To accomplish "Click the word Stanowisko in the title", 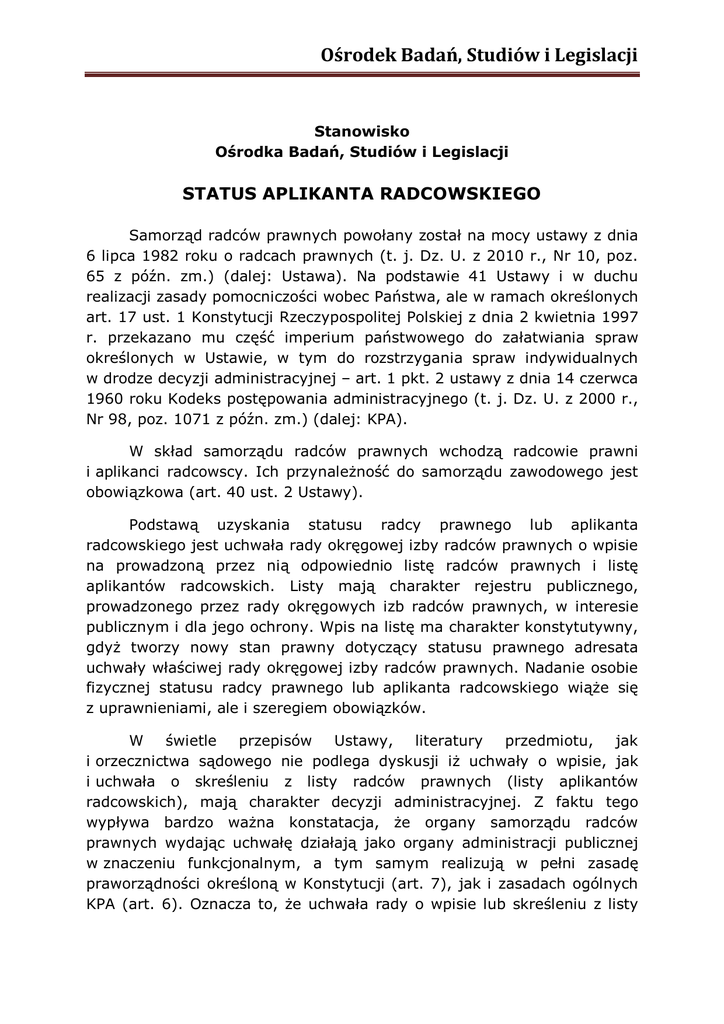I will click(362, 131).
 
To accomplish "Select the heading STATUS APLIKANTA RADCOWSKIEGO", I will click(361, 193).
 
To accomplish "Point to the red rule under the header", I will click(361, 74).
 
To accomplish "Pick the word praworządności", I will click(149, 884).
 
